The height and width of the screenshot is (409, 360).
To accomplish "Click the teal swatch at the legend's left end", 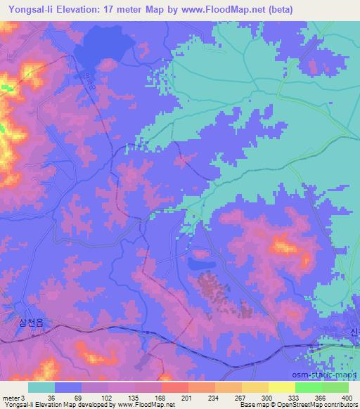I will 41,387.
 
